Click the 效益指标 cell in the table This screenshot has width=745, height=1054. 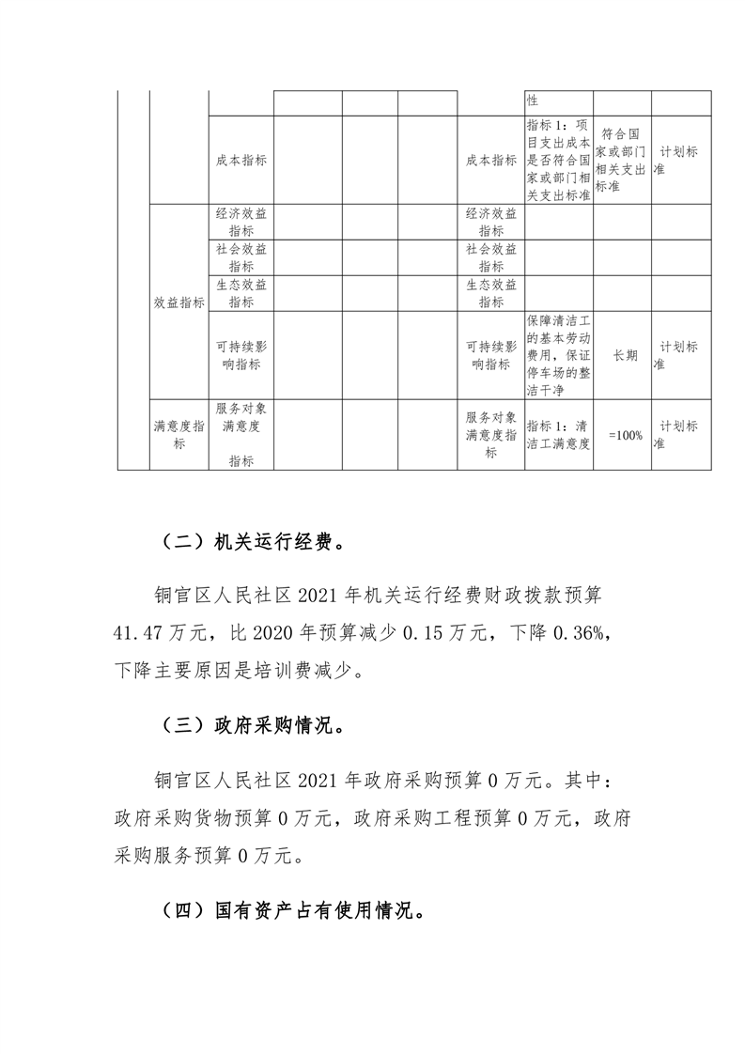pyautogui.click(x=178, y=302)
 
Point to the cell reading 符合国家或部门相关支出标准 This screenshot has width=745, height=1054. pyautogui.click(x=622, y=160)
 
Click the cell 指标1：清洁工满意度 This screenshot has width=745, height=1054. pyautogui.click(x=558, y=435)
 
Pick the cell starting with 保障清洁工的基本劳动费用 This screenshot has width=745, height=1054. pyautogui.click(x=558, y=355)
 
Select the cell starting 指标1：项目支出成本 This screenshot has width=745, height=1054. pyautogui.click(x=558, y=160)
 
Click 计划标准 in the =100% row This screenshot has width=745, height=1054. pyautogui.click(x=679, y=435)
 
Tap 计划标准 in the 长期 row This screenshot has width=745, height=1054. pyautogui.click(x=679, y=355)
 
